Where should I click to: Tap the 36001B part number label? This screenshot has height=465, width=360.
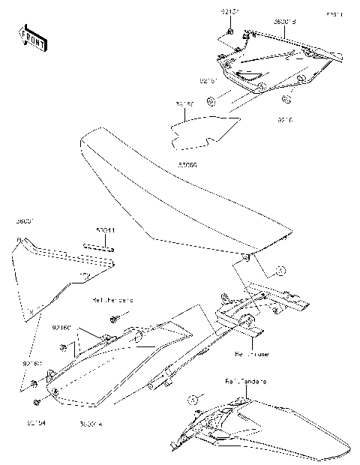point(283,22)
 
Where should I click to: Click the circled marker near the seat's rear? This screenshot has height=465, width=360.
point(278,269)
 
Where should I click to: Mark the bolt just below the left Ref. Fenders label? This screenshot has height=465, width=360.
point(114,320)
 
